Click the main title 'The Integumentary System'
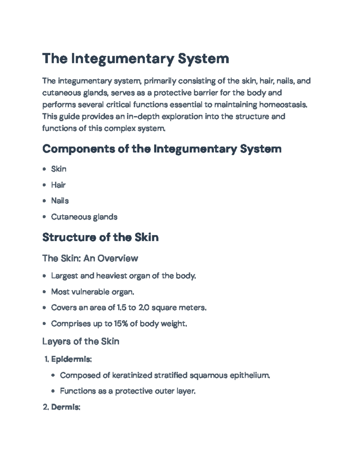coord(136,59)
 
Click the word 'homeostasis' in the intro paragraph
coord(283,105)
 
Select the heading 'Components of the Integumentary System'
coord(162,149)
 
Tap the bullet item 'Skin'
coord(58,169)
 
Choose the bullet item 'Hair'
coord(58,185)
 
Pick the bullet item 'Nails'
coord(60,201)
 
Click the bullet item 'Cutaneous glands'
coord(84,217)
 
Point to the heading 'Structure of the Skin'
coord(100,237)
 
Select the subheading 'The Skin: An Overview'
coord(90,258)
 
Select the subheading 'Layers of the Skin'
coord(81,341)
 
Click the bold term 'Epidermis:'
coord(71,359)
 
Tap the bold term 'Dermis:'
coord(66,407)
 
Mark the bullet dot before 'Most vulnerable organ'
coord(44,292)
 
